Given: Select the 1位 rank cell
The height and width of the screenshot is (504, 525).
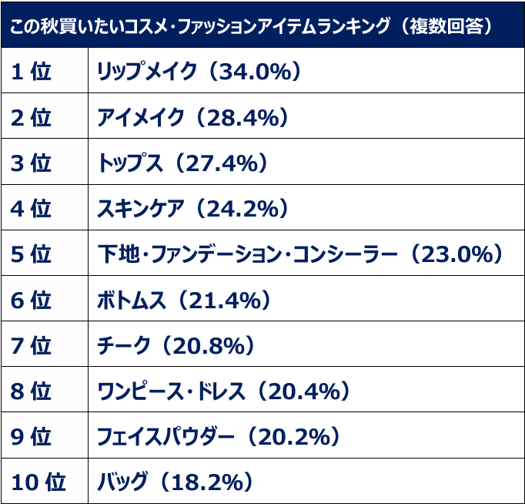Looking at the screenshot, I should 32,72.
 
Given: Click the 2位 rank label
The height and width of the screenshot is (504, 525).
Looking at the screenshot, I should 32,118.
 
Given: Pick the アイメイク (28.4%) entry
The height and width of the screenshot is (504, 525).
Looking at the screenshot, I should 192,118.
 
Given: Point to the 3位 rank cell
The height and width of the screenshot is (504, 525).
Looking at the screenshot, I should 32,163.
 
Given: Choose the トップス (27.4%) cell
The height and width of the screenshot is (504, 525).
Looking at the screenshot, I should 182,163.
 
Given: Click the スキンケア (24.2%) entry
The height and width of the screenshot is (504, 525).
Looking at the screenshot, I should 192,209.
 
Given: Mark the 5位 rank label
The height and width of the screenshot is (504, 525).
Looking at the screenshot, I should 32,254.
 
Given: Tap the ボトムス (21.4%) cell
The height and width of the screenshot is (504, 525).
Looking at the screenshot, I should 192,301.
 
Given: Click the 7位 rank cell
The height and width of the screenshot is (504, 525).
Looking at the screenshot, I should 32,346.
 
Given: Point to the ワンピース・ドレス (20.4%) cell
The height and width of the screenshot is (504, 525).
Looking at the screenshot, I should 224,391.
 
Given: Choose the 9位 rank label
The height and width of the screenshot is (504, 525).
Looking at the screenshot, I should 32,437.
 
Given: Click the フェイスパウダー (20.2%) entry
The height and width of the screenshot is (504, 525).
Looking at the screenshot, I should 219,437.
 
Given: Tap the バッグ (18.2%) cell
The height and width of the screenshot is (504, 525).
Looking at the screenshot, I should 176,483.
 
